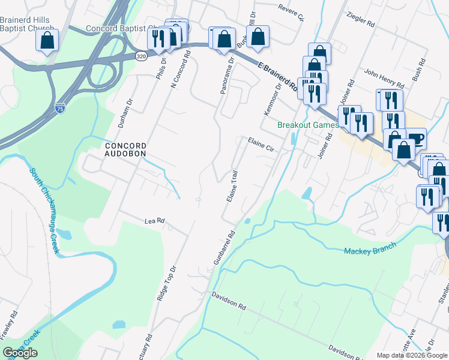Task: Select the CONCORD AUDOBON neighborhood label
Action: (x=125, y=150)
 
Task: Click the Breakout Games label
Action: (x=307, y=125)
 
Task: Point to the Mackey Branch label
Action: (x=370, y=248)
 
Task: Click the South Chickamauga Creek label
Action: (x=46, y=210)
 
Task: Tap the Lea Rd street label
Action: (x=154, y=221)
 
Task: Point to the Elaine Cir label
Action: (x=261, y=144)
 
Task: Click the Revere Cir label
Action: (x=291, y=12)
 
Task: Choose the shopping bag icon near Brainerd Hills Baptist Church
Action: (x=47, y=41)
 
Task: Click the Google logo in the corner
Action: (x=20, y=353)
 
